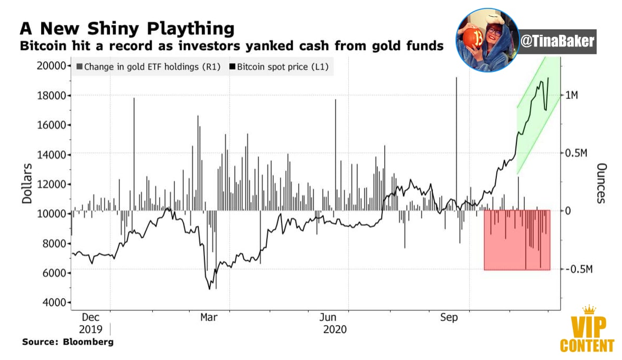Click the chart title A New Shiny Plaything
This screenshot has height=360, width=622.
point(127,29)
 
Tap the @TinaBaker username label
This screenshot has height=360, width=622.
point(557,41)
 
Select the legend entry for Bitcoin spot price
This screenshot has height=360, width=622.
point(279,67)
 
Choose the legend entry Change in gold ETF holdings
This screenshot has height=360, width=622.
point(148,67)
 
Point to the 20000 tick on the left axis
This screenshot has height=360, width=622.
point(51,66)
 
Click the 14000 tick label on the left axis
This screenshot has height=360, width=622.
point(51,155)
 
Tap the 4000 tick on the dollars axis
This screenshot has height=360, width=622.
point(54,302)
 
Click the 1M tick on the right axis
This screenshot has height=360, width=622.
point(572,95)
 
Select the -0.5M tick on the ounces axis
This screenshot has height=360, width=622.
point(579,270)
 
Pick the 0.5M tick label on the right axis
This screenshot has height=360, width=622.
point(576,153)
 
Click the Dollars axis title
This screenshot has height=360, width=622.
point(27,183)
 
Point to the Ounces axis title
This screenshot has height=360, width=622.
point(601,183)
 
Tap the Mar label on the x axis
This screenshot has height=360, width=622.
point(209,318)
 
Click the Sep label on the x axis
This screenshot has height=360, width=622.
point(449,318)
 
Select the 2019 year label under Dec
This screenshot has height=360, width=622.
point(90,329)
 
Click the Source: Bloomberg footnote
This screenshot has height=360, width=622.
point(68,341)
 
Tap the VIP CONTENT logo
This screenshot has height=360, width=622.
point(587,334)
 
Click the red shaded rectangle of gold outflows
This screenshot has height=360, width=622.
point(517,240)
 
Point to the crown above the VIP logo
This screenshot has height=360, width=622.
point(589,310)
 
